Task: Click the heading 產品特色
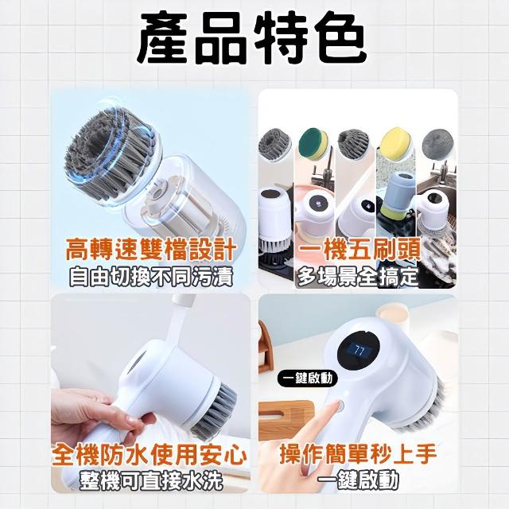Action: click(x=251, y=39)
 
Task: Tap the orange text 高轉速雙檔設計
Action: click(x=150, y=249)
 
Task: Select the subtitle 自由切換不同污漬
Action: click(x=151, y=277)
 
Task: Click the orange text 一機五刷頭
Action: click(x=359, y=249)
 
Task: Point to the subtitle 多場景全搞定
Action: click(x=357, y=277)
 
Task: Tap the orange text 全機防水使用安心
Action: click(x=150, y=455)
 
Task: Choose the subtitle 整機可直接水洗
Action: click(x=151, y=480)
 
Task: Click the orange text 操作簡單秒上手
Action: click(x=358, y=454)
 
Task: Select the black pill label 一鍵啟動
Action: click(x=307, y=379)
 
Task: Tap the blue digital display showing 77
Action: click(x=359, y=352)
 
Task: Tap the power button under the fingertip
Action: click(x=340, y=406)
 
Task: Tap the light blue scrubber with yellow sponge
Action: click(x=396, y=195)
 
